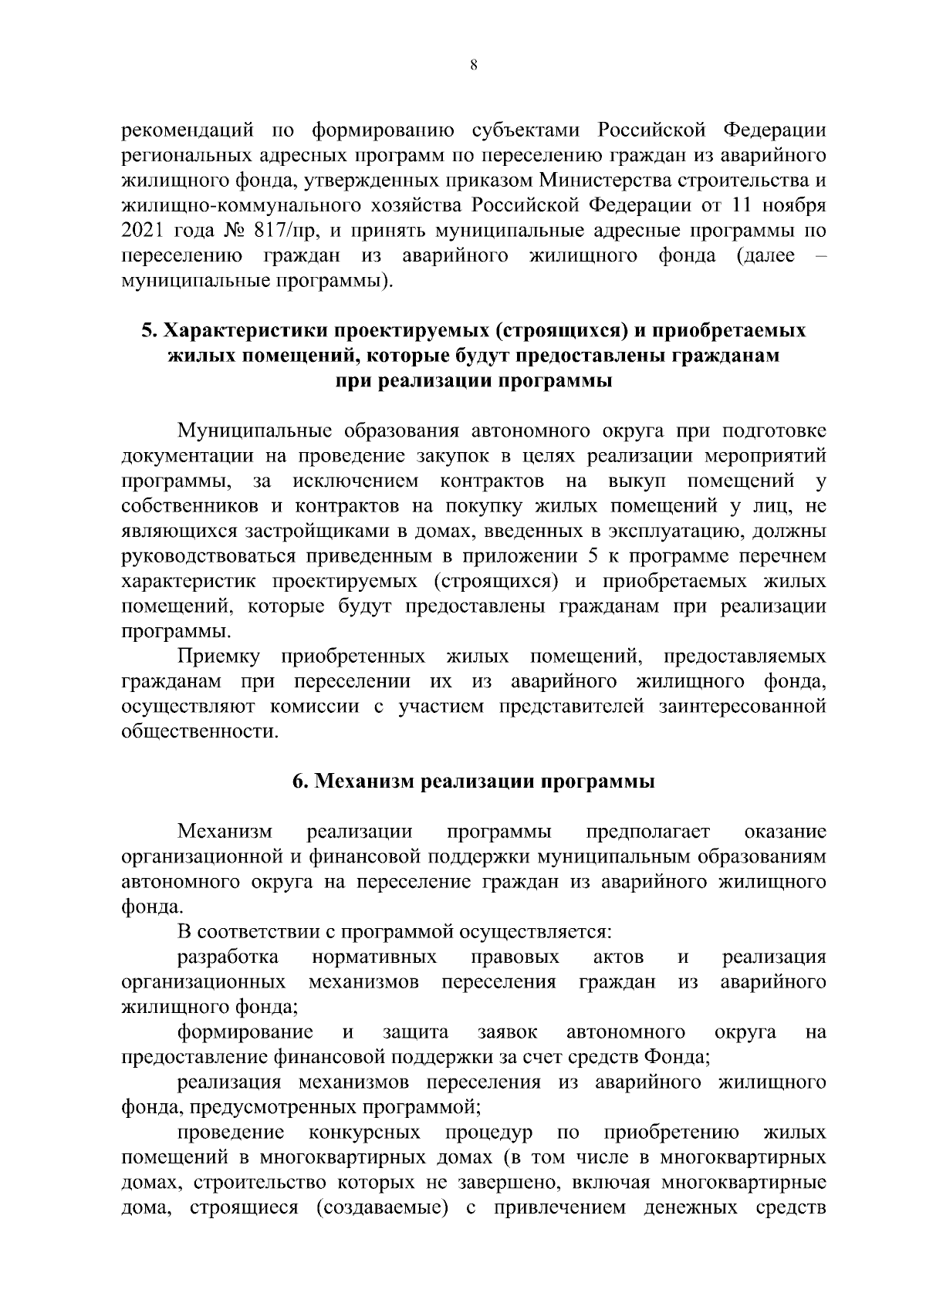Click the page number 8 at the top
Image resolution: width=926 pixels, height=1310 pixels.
click(473, 66)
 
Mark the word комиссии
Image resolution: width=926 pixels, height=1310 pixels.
click(314, 707)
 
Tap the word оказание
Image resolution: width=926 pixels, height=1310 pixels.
click(785, 832)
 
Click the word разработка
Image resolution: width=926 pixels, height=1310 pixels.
click(228, 958)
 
